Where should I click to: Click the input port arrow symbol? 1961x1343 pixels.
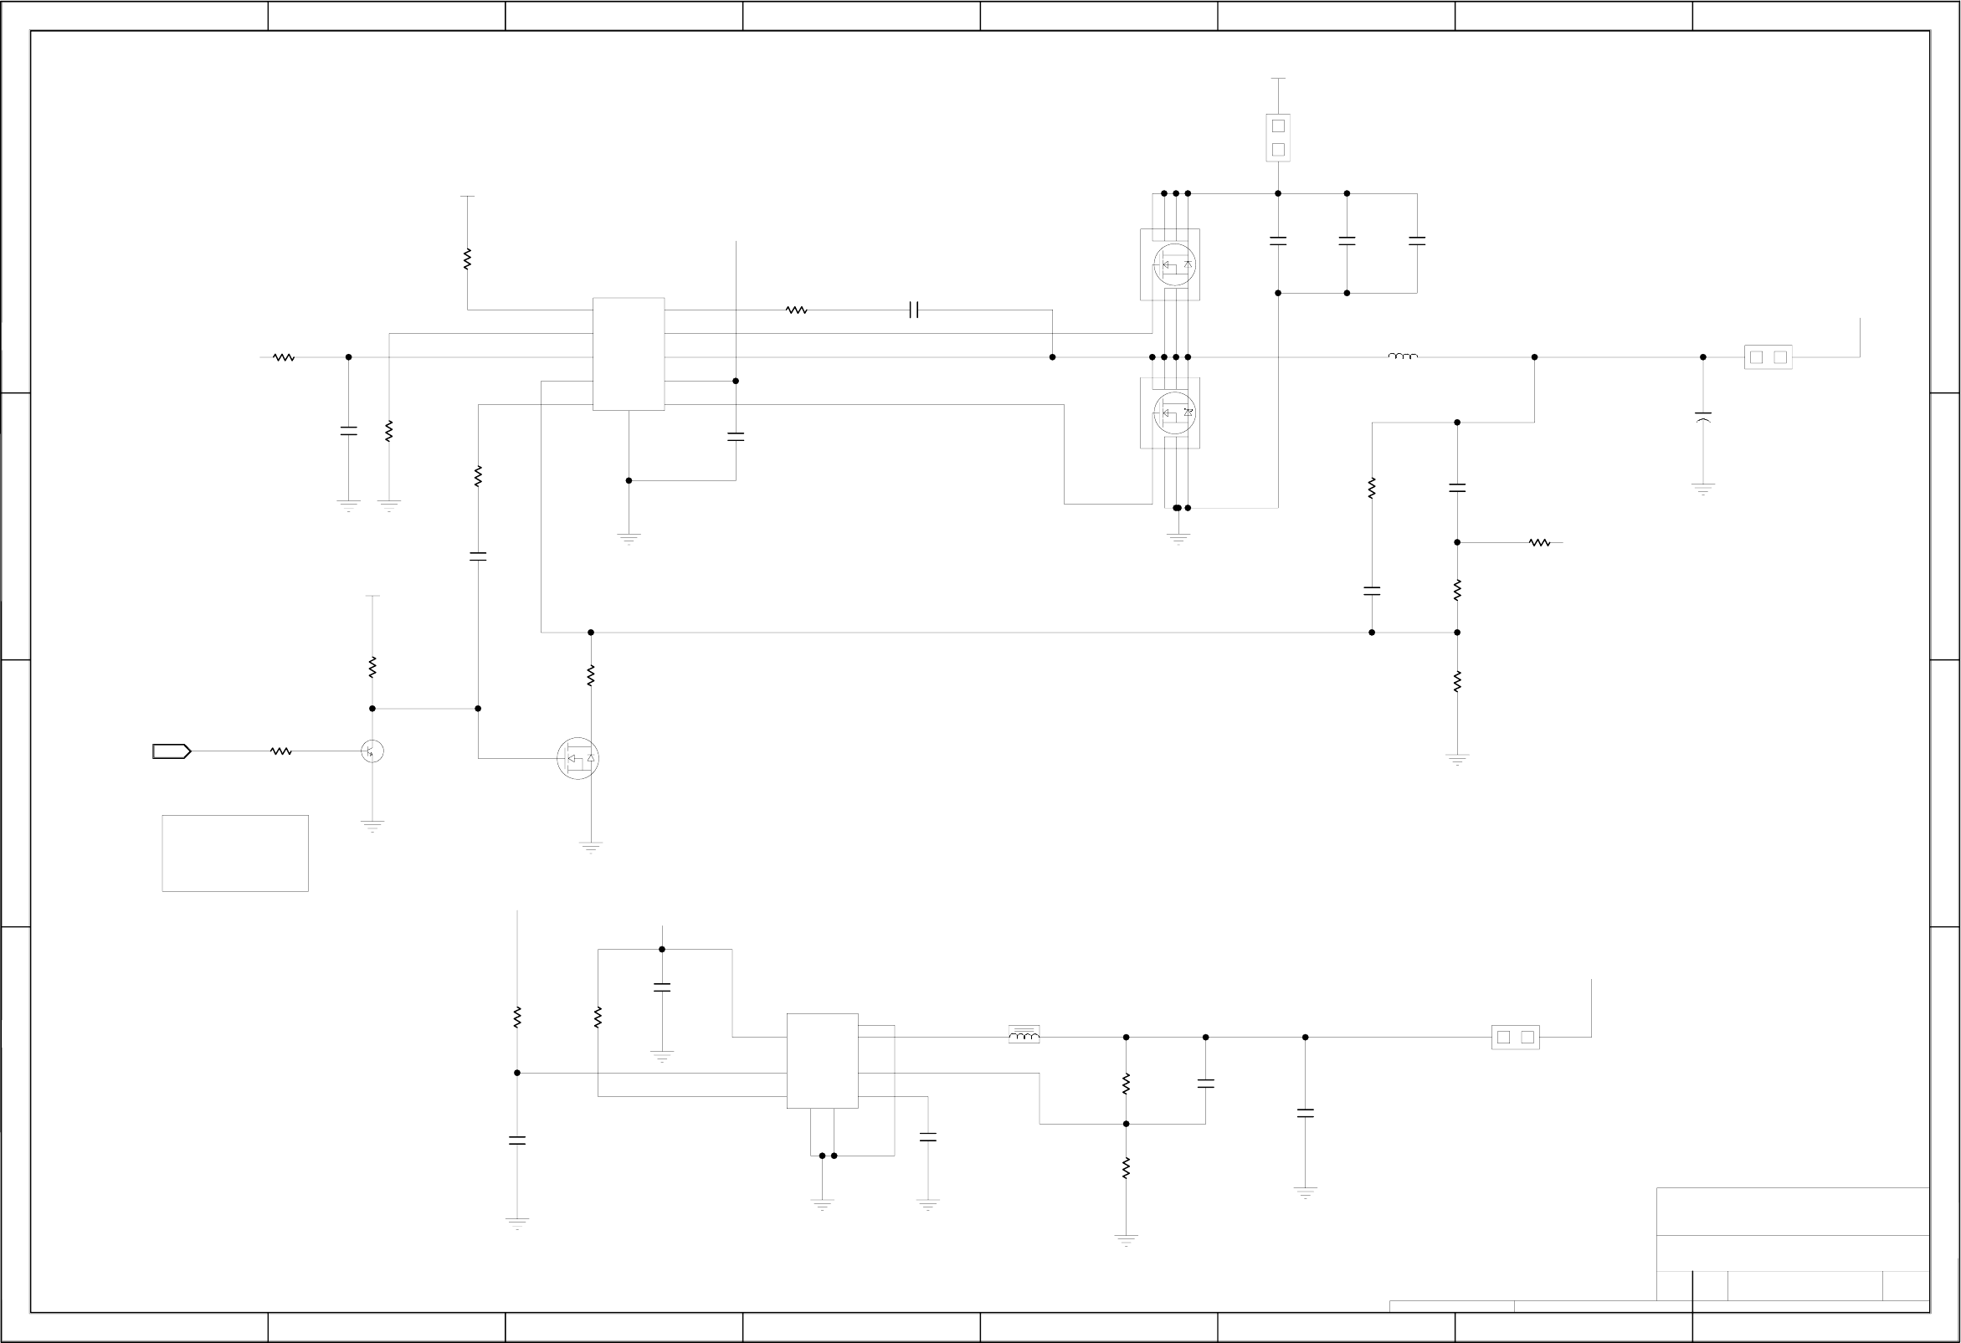[x=172, y=751]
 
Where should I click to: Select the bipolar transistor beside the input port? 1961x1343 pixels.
[x=372, y=751]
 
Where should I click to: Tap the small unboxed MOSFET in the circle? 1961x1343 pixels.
[x=578, y=758]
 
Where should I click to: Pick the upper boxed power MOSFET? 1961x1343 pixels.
[x=1170, y=265]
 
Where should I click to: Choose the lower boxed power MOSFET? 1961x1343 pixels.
[x=1170, y=413]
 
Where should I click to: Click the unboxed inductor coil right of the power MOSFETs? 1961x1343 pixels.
[x=1404, y=356]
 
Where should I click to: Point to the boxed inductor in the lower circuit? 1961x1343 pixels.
[x=1024, y=1035]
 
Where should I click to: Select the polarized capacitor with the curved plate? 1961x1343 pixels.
[x=1702, y=417]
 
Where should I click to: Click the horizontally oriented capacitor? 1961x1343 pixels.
[x=914, y=310]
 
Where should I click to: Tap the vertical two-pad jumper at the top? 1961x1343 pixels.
[x=1278, y=137]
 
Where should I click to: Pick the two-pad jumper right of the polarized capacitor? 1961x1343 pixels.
[x=1768, y=357]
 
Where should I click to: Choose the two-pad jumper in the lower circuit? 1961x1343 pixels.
[x=1516, y=1038]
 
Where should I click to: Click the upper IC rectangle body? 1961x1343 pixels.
[x=629, y=354]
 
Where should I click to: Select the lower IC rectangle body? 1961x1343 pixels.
[x=823, y=1061]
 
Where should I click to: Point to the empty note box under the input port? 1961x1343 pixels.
[x=235, y=853]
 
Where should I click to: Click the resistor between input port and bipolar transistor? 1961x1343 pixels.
[x=281, y=751]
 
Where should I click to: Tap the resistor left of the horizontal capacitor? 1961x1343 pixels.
[x=797, y=310]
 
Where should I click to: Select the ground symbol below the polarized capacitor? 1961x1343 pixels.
[x=1702, y=489]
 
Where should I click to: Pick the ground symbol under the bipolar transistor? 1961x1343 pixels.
[x=372, y=825]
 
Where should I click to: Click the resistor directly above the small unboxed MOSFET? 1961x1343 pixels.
[x=591, y=676]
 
